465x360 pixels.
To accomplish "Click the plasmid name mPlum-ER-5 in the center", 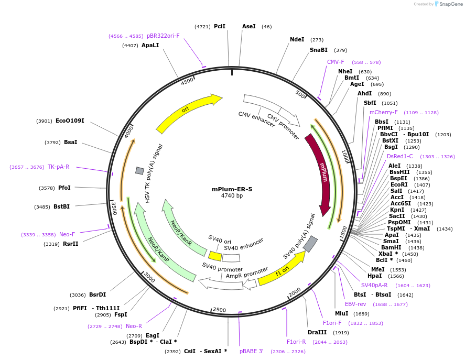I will (232, 189).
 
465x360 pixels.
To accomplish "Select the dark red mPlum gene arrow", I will (321, 173).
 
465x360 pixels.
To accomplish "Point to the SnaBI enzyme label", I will (318, 50).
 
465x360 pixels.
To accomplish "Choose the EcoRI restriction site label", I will (399, 185).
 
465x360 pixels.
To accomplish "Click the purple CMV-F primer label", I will (336, 62).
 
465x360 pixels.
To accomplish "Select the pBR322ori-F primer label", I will (163, 36).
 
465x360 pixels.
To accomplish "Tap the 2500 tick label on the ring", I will (219, 310).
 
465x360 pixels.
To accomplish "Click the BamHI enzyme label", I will (391, 247).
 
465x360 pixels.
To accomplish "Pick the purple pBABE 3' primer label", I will (252, 352).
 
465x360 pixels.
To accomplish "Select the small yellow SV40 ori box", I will (215, 256).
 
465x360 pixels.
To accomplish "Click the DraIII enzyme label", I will (318, 332).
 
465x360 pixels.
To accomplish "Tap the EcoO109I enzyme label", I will (70, 121).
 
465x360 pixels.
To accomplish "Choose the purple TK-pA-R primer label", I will (58, 167).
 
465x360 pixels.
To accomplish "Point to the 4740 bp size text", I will (232, 196).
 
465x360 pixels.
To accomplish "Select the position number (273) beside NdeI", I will (317, 40).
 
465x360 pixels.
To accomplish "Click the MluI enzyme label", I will (342, 313).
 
